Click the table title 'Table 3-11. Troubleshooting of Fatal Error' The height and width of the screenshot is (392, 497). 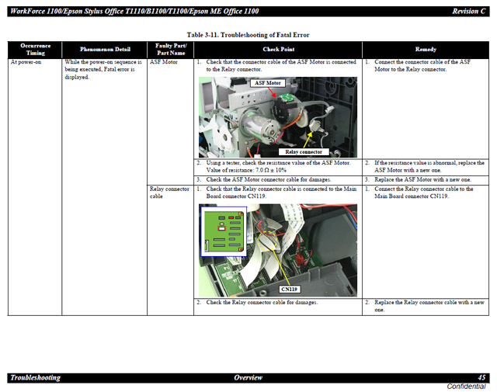[248, 35]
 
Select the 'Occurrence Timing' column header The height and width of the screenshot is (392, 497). [35, 50]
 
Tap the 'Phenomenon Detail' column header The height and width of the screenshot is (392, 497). [105, 50]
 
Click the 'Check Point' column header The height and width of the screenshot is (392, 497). [278, 50]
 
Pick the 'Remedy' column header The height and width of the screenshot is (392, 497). [426, 50]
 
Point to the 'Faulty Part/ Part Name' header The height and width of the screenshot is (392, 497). [171, 50]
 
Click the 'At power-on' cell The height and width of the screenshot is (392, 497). [26, 62]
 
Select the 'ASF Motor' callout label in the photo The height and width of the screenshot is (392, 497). [268, 83]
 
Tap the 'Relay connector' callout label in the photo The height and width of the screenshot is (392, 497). [304, 152]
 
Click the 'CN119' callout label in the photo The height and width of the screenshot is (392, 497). [289, 289]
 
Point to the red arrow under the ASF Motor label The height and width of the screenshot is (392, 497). [271, 92]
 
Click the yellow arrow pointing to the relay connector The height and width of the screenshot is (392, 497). [308, 140]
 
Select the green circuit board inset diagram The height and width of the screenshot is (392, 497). [224, 231]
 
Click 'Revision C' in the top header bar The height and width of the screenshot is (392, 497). [468, 12]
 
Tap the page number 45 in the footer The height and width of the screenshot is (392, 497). [481, 377]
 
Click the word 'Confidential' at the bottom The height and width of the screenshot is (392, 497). [466, 387]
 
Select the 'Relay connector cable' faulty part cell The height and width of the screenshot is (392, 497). [169, 193]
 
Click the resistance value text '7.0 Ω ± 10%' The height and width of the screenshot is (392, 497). [271, 170]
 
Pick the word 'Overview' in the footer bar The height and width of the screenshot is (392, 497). [248, 377]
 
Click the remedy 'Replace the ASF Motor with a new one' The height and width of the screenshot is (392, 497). [422, 179]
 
